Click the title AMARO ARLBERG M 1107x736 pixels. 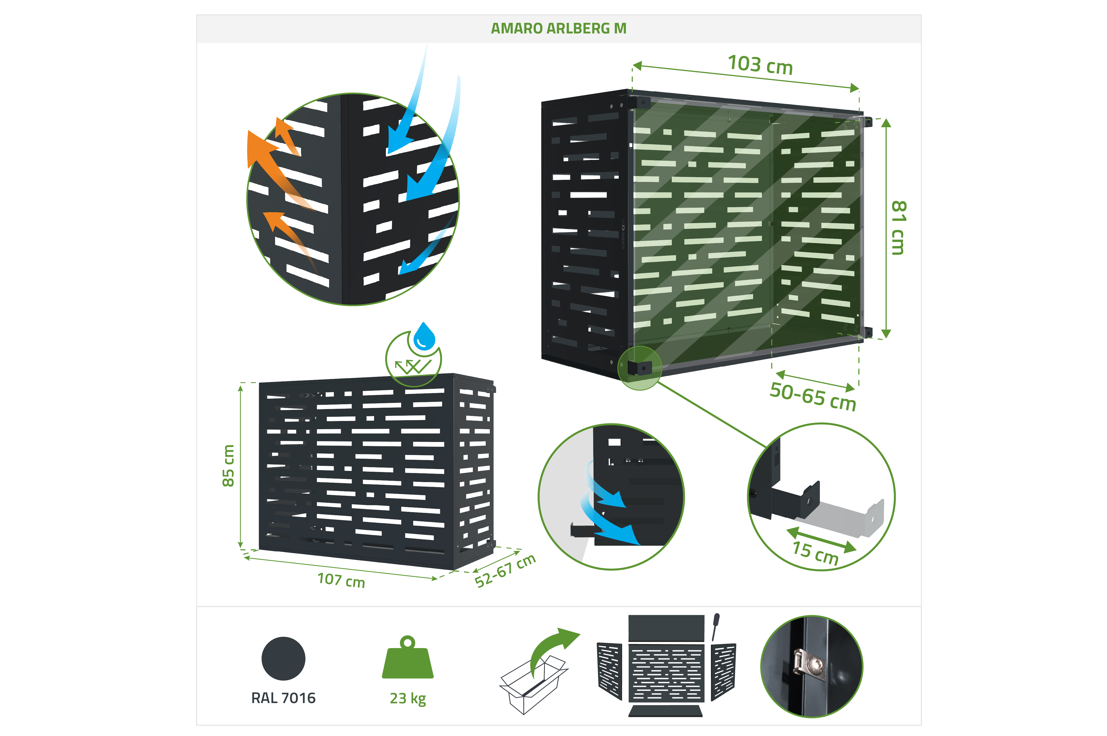[558, 29]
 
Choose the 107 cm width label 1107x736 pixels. [341, 580]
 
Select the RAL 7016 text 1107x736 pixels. [283, 698]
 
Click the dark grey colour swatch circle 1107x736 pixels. [283, 658]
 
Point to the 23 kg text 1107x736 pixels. [408, 699]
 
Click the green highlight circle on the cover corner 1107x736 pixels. [639, 368]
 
